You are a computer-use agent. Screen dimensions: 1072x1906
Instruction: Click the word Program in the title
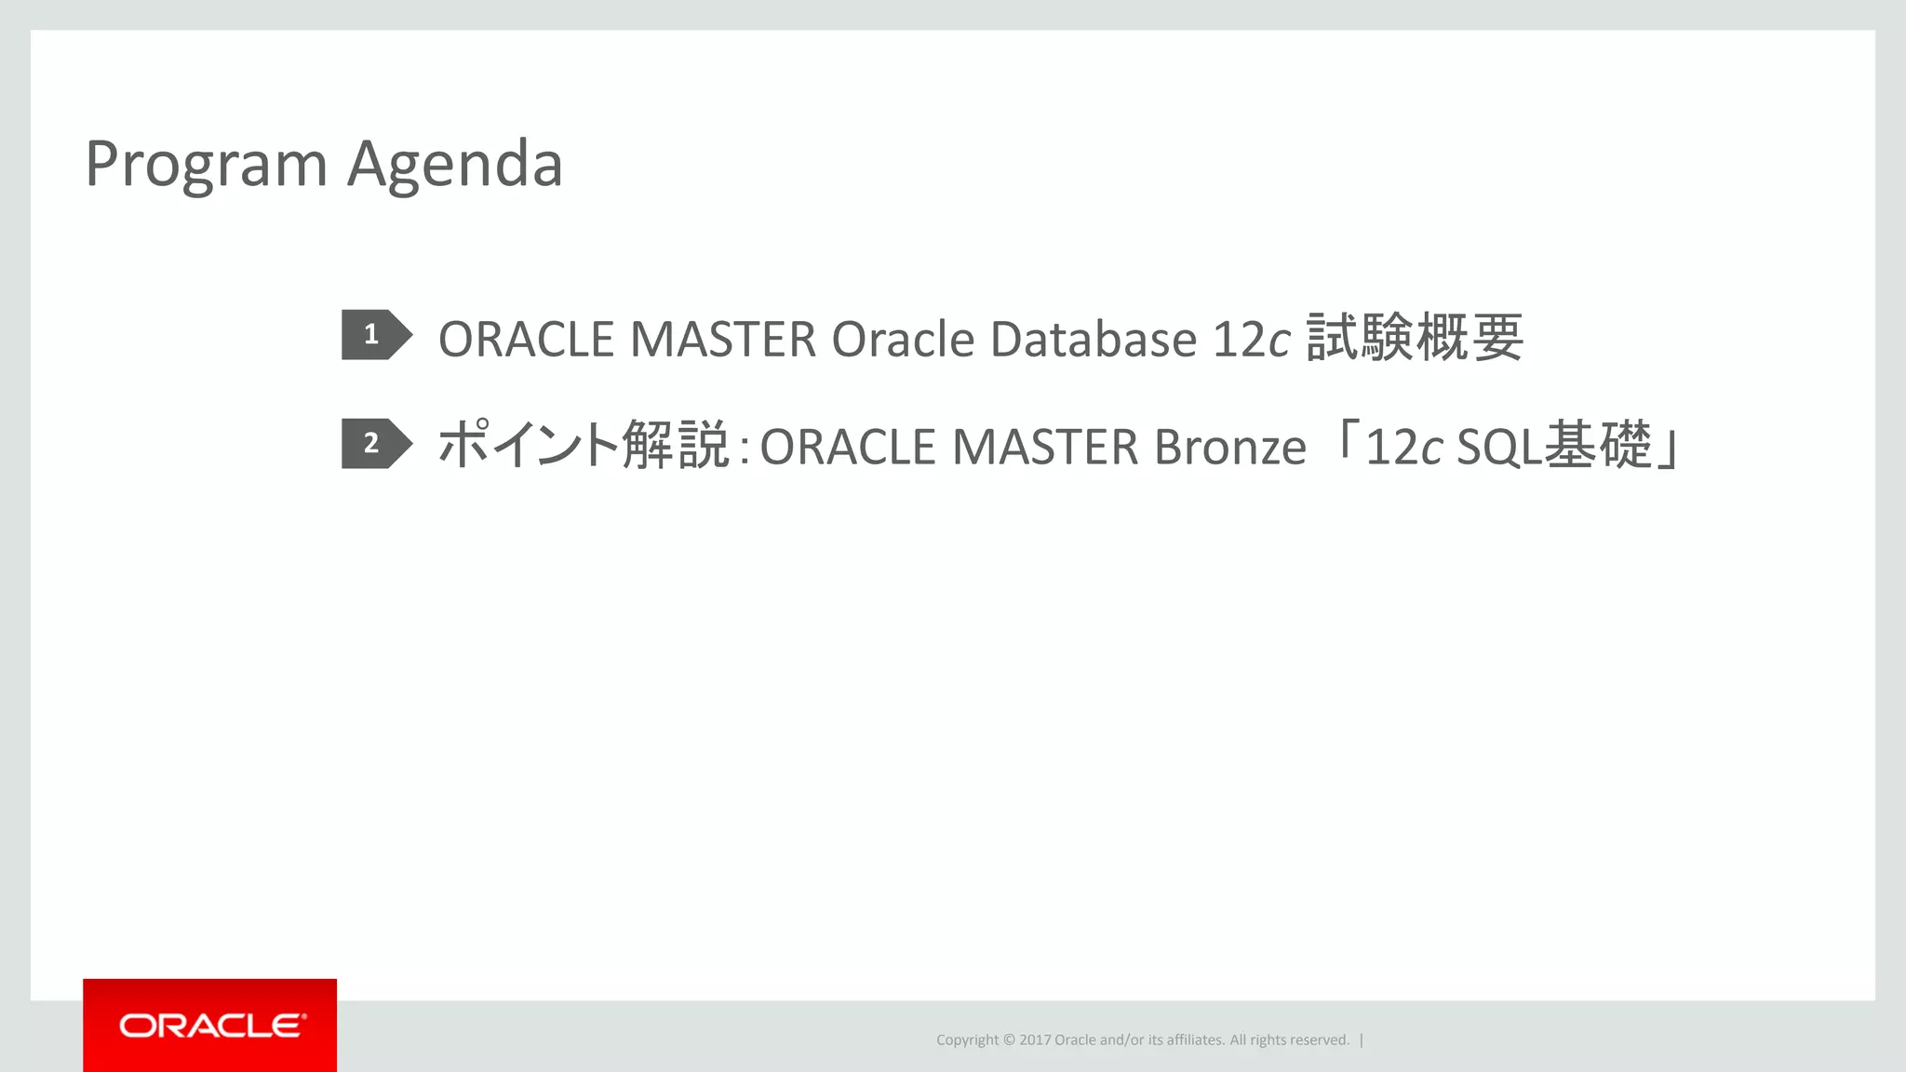pyautogui.click(x=206, y=165)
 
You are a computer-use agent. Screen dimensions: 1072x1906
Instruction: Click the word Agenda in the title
pyautogui.click(x=455, y=165)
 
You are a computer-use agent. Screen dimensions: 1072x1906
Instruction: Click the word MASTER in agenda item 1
pyautogui.click(x=723, y=339)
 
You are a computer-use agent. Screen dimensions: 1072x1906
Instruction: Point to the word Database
pyautogui.click(x=1094, y=339)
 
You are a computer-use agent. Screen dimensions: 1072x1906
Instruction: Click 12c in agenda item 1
pyautogui.click(x=1252, y=339)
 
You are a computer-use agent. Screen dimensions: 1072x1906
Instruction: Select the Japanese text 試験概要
pyautogui.click(x=1415, y=337)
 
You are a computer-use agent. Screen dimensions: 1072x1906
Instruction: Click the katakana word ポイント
pyautogui.click(x=528, y=445)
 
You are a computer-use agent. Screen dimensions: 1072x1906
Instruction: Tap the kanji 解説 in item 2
pyautogui.click(x=675, y=445)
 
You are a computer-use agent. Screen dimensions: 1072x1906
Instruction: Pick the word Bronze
pyautogui.click(x=1229, y=447)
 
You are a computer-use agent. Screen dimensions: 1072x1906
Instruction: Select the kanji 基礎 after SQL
pyautogui.click(x=1598, y=445)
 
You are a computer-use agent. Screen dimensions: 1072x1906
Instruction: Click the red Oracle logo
pyautogui.click(x=210, y=1025)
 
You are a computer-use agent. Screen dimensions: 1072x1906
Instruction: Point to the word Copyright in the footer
pyautogui.click(x=967, y=1040)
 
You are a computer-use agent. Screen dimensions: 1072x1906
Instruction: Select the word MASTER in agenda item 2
pyautogui.click(x=1045, y=447)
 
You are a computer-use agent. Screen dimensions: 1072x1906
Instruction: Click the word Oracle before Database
pyautogui.click(x=902, y=339)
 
